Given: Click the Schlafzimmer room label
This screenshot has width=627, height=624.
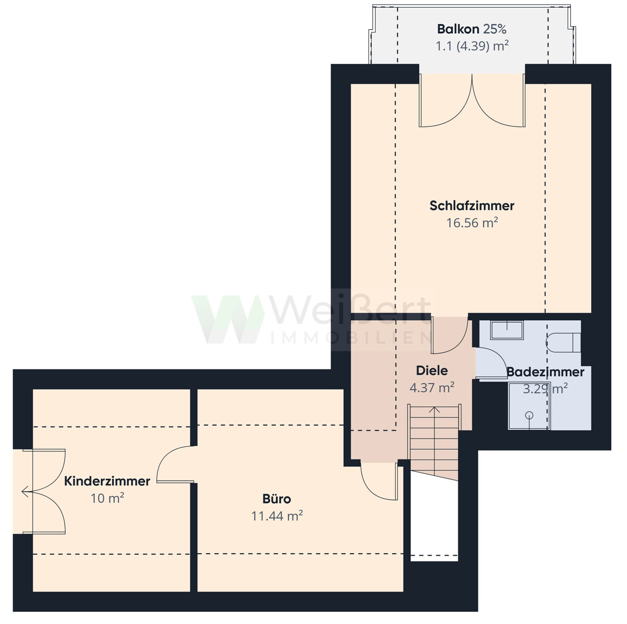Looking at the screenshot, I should [472, 206].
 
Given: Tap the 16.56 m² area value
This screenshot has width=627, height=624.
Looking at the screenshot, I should [472, 223].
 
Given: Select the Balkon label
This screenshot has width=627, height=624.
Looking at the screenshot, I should [458, 30].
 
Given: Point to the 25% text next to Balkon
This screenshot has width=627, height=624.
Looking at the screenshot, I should [495, 30].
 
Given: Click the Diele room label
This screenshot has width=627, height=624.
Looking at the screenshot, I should [432, 371].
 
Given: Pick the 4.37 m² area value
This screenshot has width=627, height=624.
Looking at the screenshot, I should [432, 387].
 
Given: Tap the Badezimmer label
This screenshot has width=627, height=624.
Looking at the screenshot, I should [545, 372].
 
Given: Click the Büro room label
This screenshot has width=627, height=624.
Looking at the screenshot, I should [277, 499].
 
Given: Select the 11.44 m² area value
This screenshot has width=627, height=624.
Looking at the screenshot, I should [277, 516].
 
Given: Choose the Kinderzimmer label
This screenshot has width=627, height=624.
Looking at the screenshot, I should [107, 481].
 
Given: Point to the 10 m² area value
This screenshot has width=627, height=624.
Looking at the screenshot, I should [107, 498].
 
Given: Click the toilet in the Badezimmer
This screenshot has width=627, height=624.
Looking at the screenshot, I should [563, 342].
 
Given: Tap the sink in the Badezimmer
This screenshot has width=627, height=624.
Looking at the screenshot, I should [507, 330].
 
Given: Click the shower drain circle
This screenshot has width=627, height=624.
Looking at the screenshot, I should [529, 415].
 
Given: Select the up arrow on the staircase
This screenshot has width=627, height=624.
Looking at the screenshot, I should [434, 410].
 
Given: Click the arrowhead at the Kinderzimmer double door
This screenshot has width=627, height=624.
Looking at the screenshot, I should [25, 492].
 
